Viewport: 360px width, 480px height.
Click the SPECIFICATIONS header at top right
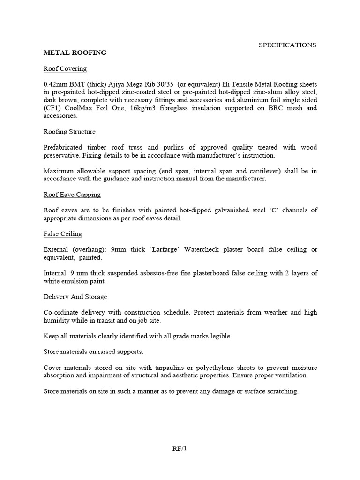coord(288,45)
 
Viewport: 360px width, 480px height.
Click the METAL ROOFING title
coord(75,52)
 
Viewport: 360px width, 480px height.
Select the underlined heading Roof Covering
coord(65,69)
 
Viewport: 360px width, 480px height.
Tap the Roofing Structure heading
coord(69,132)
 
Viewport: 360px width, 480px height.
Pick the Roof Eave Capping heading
coord(72,195)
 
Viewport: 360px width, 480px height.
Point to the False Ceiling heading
coord(63,234)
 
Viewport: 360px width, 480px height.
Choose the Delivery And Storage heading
coord(75,297)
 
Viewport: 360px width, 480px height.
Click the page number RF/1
coord(180,449)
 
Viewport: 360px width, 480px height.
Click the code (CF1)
coord(53,108)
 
